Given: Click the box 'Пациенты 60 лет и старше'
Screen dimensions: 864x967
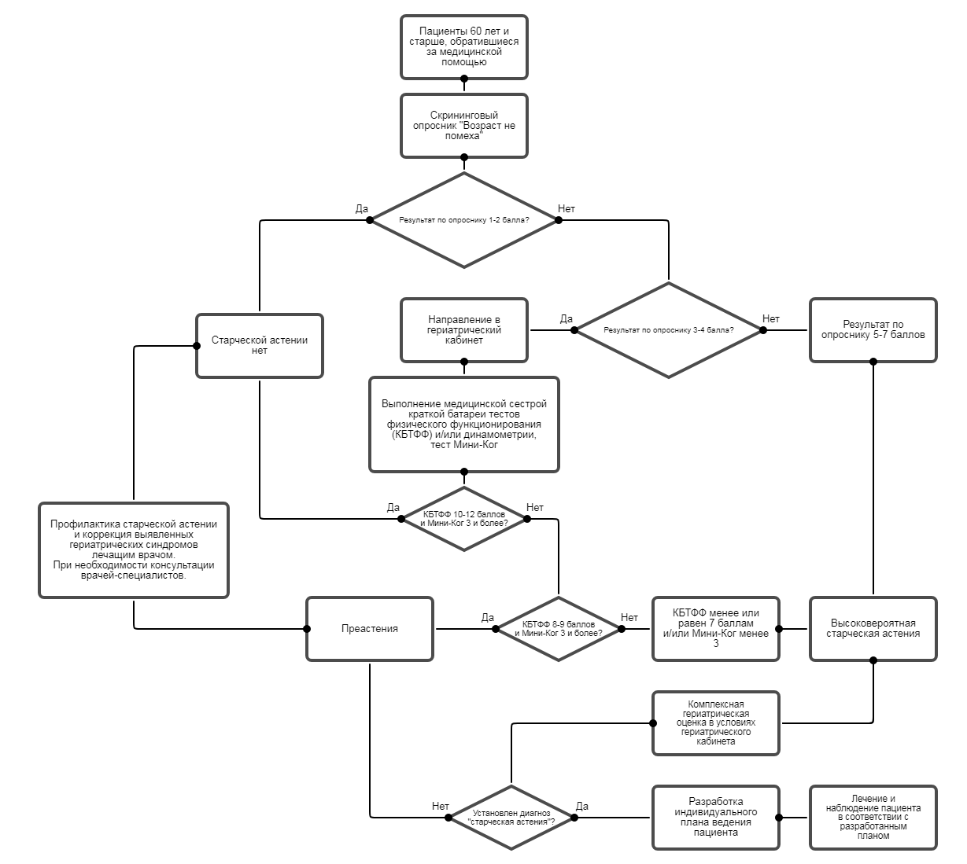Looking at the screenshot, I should pos(464,46).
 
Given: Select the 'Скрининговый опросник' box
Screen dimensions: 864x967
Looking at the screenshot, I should pos(464,126).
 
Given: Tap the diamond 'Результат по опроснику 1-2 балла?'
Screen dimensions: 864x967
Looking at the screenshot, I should pos(464,220).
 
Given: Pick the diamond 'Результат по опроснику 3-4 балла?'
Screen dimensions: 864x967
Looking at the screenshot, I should pos(669,330).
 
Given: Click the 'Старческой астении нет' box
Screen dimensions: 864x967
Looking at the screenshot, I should pos(260,346).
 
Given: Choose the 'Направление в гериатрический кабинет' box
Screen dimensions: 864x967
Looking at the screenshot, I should pos(464,330).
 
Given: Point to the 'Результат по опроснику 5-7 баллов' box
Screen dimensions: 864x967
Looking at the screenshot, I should pos(873,330).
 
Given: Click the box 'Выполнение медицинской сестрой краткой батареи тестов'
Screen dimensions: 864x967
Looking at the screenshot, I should pos(464,425).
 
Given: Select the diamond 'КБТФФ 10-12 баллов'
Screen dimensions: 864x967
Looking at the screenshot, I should pos(464,519).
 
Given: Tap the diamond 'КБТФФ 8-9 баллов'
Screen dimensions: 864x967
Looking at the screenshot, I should pos(559,629).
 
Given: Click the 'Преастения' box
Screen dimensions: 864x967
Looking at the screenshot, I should pos(370,629).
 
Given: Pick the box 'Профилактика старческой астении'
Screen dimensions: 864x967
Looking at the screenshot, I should pos(134,550).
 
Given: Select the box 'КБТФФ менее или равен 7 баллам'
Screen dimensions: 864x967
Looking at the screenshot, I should pos(716,629).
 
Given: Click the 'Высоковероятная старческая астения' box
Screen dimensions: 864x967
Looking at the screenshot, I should pos(873,629).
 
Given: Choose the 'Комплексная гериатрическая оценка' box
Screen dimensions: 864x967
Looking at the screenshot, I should pos(716,723).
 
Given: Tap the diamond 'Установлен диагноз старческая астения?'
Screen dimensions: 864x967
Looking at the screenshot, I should pos(511,818).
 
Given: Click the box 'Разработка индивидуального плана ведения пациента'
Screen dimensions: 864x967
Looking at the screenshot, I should pos(716,818).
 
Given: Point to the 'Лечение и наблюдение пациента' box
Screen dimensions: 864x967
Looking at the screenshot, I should pos(873,818).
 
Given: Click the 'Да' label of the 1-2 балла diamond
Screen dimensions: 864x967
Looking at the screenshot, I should pos(362,209).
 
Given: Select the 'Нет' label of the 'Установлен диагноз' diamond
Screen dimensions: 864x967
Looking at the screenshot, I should pos(441,807).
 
